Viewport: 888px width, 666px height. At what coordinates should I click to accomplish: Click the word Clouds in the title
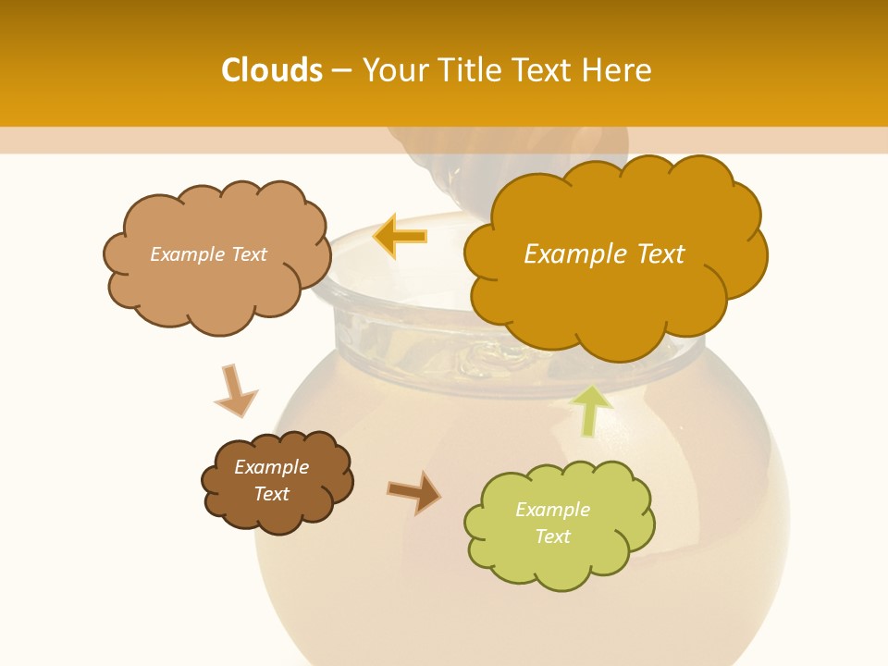click(x=271, y=70)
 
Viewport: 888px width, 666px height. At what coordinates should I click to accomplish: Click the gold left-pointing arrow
click(x=401, y=236)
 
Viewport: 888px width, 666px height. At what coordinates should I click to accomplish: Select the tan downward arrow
click(x=235, y=390)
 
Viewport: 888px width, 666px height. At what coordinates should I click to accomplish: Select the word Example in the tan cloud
click(x=185, y=254)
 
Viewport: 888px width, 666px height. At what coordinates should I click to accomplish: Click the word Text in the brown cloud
click(x=272, y=494)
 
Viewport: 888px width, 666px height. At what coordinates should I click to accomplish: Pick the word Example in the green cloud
click(x=552, y=510)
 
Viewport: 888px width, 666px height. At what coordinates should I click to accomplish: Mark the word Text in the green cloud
click(x=552, y=536)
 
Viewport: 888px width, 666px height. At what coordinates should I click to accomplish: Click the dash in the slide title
click(x=340, y=71)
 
